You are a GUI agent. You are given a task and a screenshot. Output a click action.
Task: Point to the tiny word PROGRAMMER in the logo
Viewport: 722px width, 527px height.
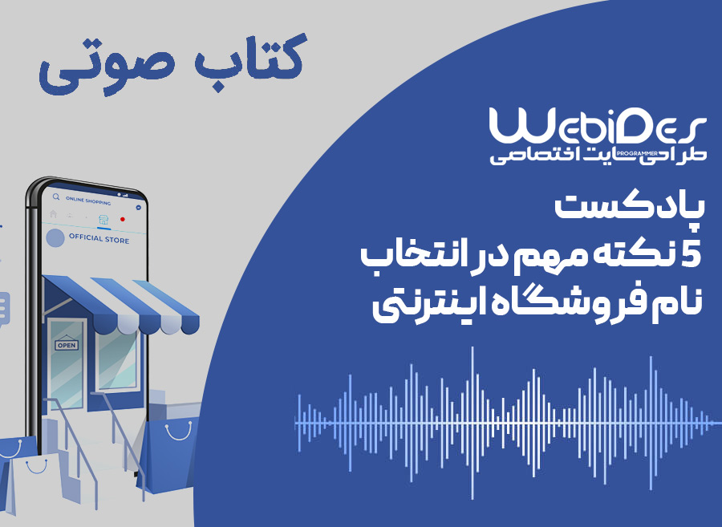point(638,153)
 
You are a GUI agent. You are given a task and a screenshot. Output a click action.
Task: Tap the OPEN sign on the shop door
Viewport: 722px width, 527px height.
point(67,345)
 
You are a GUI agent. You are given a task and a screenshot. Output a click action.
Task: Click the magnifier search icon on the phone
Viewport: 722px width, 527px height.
point(56,197)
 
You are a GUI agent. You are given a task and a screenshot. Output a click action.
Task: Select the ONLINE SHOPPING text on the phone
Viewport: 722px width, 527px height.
point(88,201)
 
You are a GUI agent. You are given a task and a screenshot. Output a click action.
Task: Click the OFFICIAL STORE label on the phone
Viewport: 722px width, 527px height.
point(99,238)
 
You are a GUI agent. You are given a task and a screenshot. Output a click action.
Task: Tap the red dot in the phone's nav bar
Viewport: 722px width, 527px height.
point(123,219)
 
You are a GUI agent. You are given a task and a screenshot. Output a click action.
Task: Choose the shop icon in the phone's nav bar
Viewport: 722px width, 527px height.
point(104,220)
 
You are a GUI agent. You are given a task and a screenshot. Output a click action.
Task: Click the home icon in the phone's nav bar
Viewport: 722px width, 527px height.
point(54,213)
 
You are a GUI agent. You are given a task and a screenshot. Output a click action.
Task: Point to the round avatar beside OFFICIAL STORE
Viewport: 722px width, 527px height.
point(55,238)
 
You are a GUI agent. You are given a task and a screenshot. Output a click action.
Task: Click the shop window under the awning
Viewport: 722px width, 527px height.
point(117,359)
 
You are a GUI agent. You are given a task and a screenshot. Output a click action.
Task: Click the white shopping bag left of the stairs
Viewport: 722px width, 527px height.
point(32,483)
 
